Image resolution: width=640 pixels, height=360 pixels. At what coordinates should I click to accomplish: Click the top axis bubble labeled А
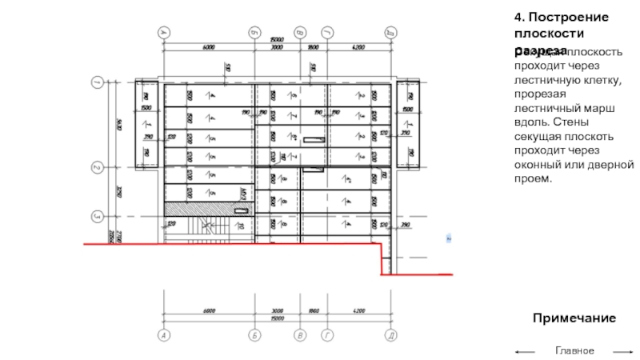(x=164, y=32)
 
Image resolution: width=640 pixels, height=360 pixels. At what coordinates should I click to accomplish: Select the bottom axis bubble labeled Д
(x=391, y=336)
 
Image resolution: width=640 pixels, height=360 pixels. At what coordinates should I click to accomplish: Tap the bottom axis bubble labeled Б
(x=254, y=336)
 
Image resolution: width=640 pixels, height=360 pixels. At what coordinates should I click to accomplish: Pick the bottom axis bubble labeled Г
(x=326, y=336)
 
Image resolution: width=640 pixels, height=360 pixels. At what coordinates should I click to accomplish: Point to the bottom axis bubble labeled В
(x=300, y=336)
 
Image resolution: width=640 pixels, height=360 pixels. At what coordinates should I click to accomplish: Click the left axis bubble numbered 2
(x=97, y=168)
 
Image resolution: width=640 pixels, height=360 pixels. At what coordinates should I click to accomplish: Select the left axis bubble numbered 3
(x=97, y=216)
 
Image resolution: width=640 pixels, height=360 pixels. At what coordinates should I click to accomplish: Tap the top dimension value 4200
(x=358, y=48)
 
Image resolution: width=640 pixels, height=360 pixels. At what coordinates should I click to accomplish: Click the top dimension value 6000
(x=209, y=48)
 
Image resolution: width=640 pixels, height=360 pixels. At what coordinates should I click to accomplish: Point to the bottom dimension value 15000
(x=277, y=318)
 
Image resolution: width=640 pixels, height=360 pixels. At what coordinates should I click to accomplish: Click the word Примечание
(x=574, y=318)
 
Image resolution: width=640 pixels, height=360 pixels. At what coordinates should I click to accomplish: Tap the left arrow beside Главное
(x=525, y=351)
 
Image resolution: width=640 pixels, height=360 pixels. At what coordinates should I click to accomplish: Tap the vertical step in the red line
(x=381, y=260)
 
